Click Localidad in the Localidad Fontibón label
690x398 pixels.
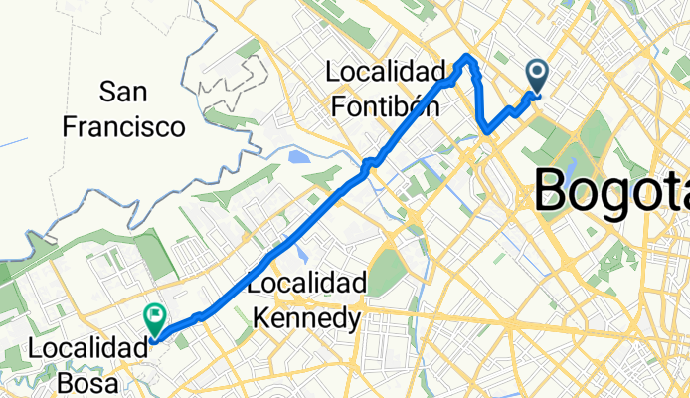(386, 73)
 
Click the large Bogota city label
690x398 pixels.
(611, 189)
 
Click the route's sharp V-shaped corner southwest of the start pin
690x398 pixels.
(486, 130)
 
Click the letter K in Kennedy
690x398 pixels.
(264, 317)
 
